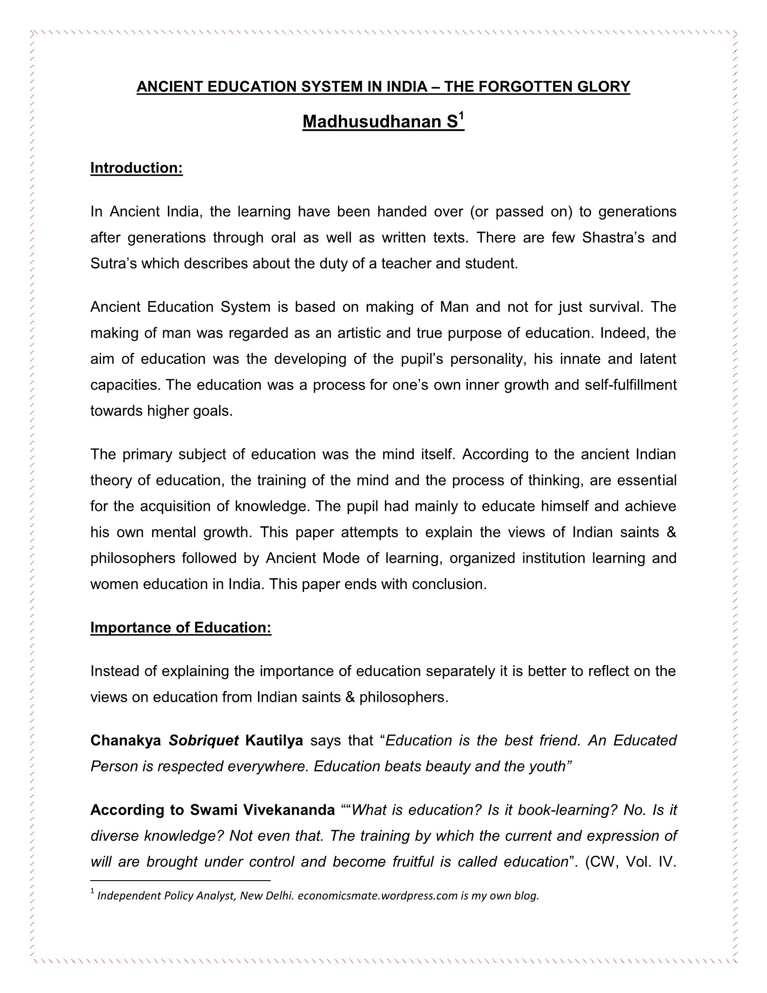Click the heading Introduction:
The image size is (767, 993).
[x=136, y=168]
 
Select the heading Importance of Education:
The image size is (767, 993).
[x=180, y=627]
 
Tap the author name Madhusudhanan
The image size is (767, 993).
[x=372, y=122]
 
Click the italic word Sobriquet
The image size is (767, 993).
[x=203, y=741]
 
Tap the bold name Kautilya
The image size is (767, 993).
[x=274, y=741]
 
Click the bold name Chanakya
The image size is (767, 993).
[x=126, y=741]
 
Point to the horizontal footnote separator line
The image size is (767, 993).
[x=180, y=881]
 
